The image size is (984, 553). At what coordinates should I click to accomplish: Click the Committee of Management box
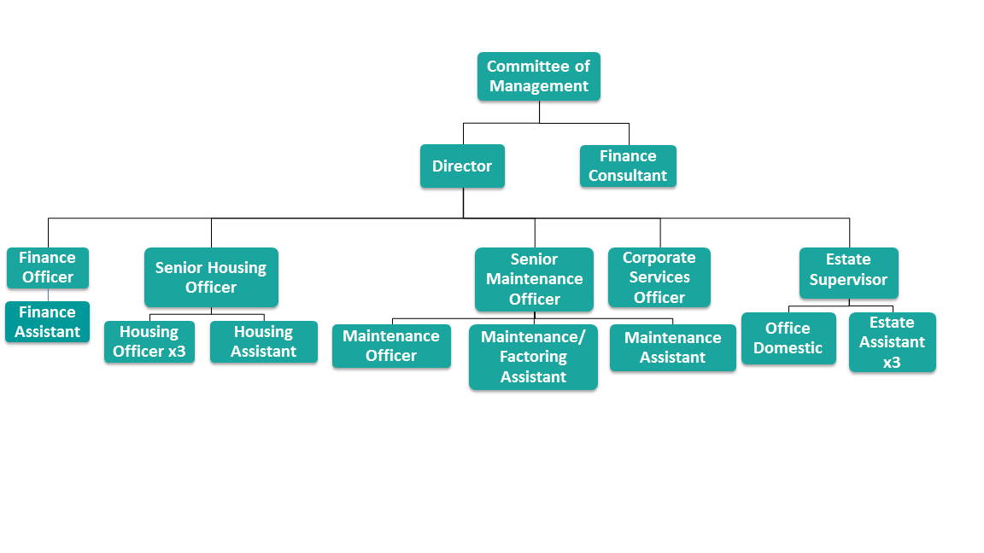tap(539, 77)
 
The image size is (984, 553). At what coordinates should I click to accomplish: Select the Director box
tap(462, 166)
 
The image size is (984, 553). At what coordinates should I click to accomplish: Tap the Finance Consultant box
tap(628, 166)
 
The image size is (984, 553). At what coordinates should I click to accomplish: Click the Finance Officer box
tap(48, 268)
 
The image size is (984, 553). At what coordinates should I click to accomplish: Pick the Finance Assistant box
tap(48, 323)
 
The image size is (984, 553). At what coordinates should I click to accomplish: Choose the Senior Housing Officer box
tap(211, 277)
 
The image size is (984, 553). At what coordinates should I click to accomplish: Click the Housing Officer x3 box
tap(149, 342)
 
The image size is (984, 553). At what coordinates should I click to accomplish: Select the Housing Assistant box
tap(264, 342)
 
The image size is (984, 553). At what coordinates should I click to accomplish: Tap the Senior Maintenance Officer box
tap(534, 279)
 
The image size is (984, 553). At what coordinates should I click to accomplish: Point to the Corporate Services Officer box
tap(659, 277)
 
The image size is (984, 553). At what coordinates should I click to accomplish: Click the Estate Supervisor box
tap(848, 271)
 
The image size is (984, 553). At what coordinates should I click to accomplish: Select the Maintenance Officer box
tap(391, 346)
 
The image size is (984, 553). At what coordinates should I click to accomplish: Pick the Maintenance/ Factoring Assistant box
tap(533, 357)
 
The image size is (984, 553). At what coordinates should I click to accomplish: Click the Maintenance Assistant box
tap(673, 348)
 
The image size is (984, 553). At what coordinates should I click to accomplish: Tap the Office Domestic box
tap(788, 339)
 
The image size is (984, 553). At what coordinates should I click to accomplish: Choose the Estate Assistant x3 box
tap(893, 342)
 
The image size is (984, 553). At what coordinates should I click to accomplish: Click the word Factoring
tap(533, 357)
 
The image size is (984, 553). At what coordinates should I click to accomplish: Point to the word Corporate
tap(659, 258)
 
